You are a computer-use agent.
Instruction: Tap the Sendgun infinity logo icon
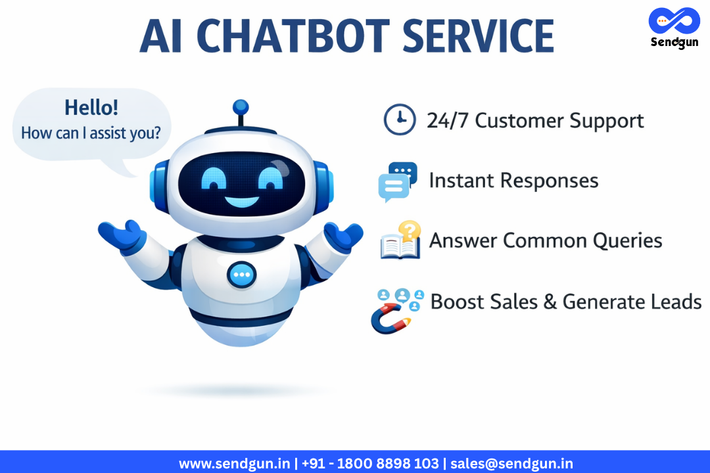pos(673,22)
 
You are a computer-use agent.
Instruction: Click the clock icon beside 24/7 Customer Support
pos(399,120)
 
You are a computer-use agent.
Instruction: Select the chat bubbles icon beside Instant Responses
pos(398,181)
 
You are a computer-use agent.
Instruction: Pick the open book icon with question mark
pos(400,241)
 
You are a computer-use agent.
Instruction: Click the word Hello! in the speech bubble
pos(91,108)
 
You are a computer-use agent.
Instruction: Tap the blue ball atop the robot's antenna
pos(241,107)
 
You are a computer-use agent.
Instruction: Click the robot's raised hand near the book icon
pos(343,235)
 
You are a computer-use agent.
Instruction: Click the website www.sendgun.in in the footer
pos(235,463)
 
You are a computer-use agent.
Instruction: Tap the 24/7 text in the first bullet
pos(448,121)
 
